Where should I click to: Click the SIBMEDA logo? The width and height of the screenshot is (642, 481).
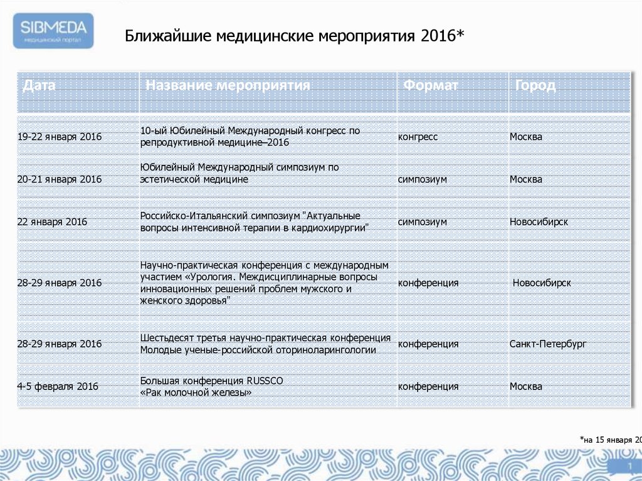pos(55,31)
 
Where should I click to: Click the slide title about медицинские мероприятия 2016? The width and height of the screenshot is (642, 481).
pos(294,35)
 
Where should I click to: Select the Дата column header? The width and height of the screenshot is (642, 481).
pos(39,85)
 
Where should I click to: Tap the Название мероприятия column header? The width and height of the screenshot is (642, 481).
pos(228,85)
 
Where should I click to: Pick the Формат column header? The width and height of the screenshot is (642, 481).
pos(431,85)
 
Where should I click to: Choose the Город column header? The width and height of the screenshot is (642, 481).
pos(535,85)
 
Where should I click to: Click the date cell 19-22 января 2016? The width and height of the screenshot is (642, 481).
pos(60,137)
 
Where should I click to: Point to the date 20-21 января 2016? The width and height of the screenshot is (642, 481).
pos(60,179)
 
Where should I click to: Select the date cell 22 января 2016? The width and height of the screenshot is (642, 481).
pos(52,222)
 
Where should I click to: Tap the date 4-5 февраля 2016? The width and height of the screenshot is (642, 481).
pos(58,386)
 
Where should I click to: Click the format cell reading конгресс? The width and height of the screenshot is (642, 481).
pos(418,137)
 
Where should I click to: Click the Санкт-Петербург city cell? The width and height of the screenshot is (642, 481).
pos(548,344)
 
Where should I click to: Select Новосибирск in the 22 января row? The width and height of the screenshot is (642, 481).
pos(539,222)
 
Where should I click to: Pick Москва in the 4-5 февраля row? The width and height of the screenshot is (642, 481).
pos(525,386)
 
